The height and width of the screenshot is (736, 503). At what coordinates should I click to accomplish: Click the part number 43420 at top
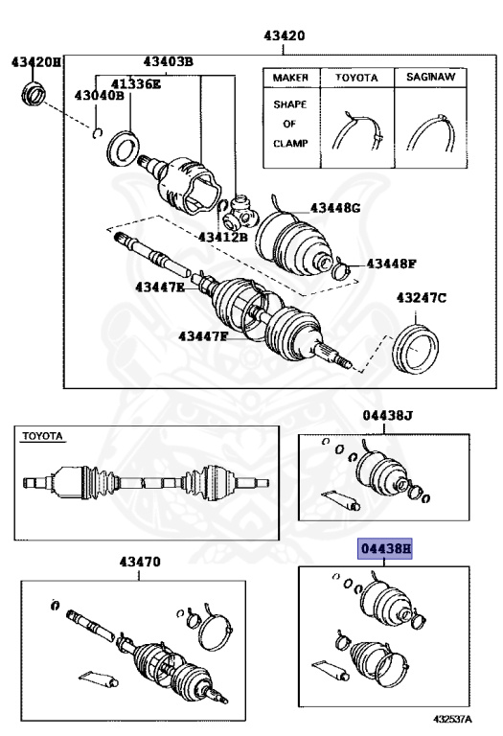pyautogui.click(x=285, y=37)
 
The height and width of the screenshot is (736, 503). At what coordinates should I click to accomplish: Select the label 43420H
pyautogui.click(x=36, y=62)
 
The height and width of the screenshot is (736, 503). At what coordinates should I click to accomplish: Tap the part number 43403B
pyautogui.click(x=169, y=62)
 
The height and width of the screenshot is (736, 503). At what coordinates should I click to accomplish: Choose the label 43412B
pyautogui.click(x=223, y=236)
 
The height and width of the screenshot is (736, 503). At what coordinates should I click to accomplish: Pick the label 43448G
pyautogui.click(x=334, y=208)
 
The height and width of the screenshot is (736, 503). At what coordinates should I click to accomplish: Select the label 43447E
pyautogui.click(x=160, y=287)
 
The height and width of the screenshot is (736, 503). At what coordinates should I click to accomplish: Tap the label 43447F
pyautogui.click(x=202, y=335)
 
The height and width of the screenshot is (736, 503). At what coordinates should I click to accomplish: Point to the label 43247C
pyautogui.click(x=422, y=299)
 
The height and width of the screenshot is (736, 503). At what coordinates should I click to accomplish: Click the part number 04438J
pyautogui.click(x=387, y=415)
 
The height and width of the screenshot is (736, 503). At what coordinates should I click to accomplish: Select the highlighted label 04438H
pyautogui.click(x=385, y=549)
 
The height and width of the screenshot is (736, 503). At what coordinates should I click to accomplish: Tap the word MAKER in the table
pyautogui.click(x=289, y=77)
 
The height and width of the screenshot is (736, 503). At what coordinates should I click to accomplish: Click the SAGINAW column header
pyautogui.click(x=432, y=77)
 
